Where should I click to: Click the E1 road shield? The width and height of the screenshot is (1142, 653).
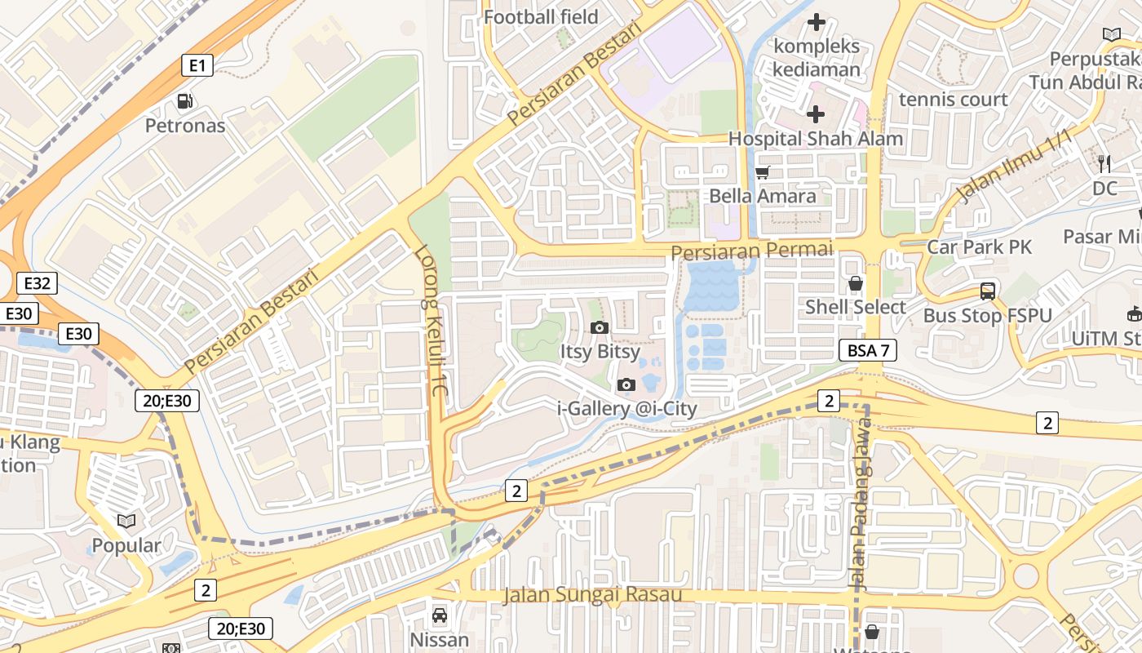(197, 65)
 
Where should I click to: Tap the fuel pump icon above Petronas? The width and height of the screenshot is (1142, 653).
(186, 102)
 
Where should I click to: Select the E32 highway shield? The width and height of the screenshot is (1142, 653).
(38, 284)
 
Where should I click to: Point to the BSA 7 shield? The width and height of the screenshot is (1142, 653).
(868, 351)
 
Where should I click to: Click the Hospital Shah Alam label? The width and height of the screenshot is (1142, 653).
(816, 139)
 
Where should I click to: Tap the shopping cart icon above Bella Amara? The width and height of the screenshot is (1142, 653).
(763, 172)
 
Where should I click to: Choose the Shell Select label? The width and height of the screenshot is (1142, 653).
(856, 307)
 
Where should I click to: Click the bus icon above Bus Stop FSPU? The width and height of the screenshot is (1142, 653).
(988, 291)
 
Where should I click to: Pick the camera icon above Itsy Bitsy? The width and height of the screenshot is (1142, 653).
(600, 328)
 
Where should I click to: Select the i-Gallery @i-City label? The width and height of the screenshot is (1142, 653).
(627, 409)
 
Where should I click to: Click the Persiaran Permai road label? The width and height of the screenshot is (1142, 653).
(752, 250)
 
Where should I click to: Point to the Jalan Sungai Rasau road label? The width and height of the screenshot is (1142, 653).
(592, 594)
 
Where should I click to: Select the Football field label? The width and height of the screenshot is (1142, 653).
(541, 17)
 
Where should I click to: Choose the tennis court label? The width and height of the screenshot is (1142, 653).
(953, 100)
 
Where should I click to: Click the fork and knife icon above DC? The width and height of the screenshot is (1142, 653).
(1104, 164)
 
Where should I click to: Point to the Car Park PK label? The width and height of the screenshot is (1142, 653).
(979, 247)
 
